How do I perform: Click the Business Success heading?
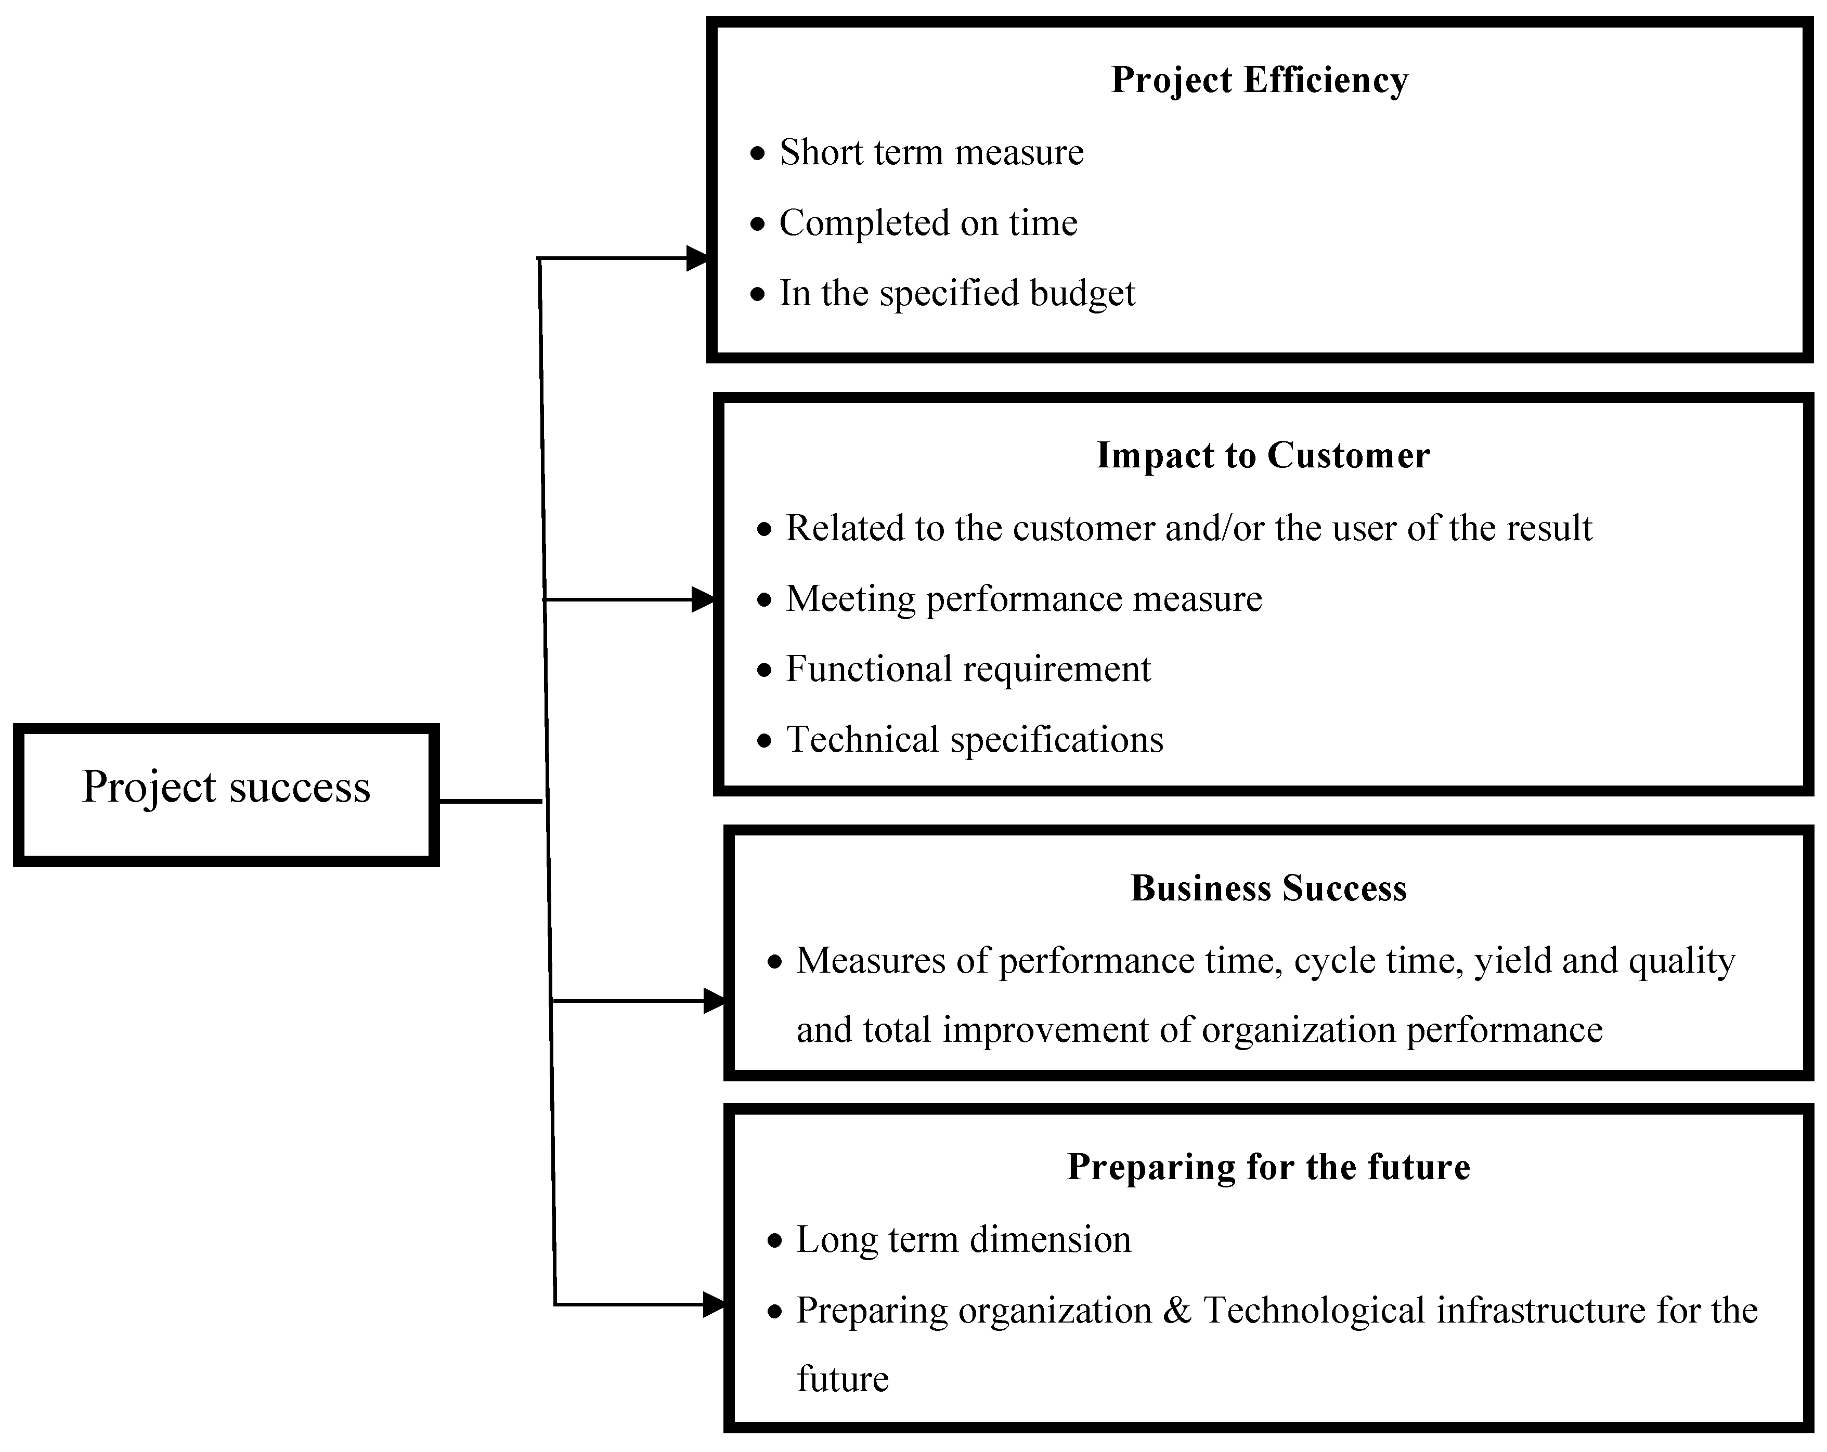click(1268, 888)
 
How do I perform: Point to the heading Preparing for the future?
click(1268, 1167)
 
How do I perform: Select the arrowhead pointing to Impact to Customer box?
click(703, 600)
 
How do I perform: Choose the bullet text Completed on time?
click(927, 224)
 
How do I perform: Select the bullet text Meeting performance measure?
click(1023, 599)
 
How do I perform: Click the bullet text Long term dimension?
click(963, 1239)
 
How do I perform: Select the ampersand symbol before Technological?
click(1177, 1311)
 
